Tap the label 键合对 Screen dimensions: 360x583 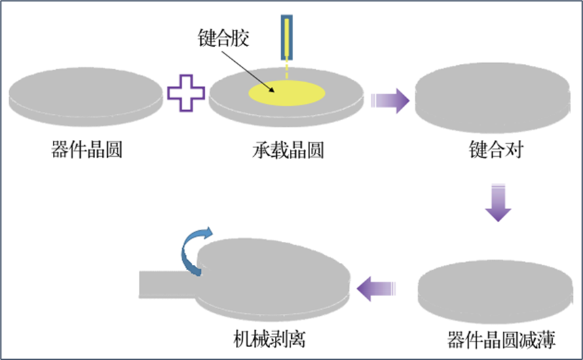pyautogui.click(x=491, y=150)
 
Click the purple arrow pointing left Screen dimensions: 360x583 pyautogui.click(x=377, y=288)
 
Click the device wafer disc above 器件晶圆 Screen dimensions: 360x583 pyautogui.click(x=86, y=96)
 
